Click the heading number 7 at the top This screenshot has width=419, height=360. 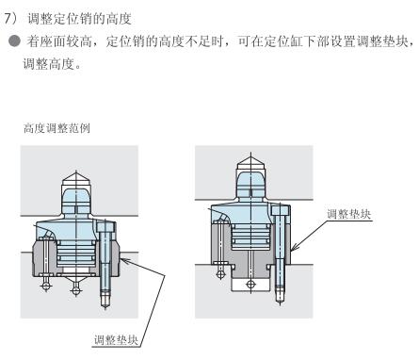(x=8, y=19)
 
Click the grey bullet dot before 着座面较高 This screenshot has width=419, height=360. (x=15, y=41)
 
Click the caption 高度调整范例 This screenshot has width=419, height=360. (x=56, y=128)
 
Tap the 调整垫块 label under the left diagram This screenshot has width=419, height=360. (x=116, y=340)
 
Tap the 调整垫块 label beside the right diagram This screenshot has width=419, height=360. (x=348, y=214)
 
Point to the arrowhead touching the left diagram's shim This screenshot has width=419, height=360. (x=123, y=260)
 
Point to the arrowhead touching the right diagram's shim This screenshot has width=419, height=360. (x=294, y=248)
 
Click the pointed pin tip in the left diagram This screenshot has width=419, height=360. (x=76, y=179)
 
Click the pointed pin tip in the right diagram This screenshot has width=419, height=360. (x=250, y=163)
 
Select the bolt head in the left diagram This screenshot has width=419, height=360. (x=105, y=226)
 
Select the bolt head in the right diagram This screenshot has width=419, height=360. (x=280, y=210)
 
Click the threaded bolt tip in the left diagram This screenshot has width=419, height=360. (x=105, y=301)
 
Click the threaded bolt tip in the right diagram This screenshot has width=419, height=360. (x=280, y=295)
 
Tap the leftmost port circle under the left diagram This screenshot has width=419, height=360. (x=46, y=286)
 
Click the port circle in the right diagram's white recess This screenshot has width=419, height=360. (x=250, y=285)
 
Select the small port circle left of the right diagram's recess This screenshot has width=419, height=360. (x=220, y=274)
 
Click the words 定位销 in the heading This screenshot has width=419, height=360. (x=79, y=19)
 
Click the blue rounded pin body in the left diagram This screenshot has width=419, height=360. (x=76, y=201)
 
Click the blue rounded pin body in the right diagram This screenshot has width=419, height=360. (x=250, y=185)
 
